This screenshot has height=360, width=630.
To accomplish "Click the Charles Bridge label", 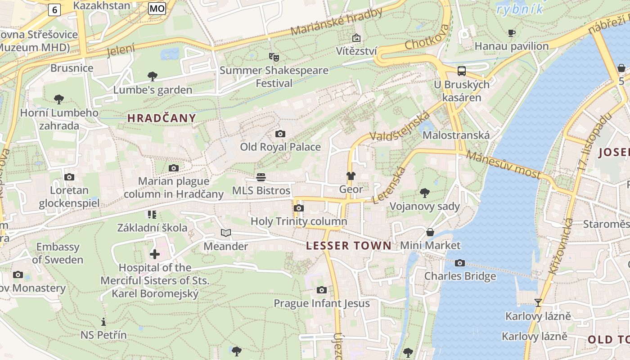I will tap(460, 276).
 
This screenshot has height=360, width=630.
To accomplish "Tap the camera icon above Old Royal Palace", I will tap(280, 134).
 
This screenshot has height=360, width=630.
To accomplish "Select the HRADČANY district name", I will tap(162, 118).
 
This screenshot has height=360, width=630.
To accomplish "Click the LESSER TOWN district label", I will tap(349, 246).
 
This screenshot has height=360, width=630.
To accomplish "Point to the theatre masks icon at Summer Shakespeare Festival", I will tap(274, 57).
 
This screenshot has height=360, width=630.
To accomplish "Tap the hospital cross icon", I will tap(155, 254).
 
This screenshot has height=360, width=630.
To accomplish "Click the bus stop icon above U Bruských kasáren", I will tap(461, 71).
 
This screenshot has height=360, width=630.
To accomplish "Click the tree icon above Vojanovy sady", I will tap(424, 193).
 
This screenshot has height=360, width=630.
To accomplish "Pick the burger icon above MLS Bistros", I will tap(261, 177).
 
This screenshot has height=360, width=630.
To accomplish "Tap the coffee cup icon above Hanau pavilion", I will tap(512, 33).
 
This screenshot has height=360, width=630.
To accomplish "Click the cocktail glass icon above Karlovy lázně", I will tap(538, 302).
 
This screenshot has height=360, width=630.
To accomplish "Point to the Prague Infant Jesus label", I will tap(322, 303).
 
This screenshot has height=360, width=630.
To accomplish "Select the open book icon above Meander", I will tap(226, 233).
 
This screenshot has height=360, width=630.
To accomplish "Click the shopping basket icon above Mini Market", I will tap(430, 232).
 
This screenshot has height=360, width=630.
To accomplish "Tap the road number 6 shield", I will tap(54, 10).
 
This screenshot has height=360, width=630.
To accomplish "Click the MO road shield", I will tap(157, 8).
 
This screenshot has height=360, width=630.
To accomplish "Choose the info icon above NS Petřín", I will tap(103, 322).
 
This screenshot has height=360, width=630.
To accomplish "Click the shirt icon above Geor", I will tap(351, 176).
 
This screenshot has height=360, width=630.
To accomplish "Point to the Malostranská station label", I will tap(456, 135).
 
